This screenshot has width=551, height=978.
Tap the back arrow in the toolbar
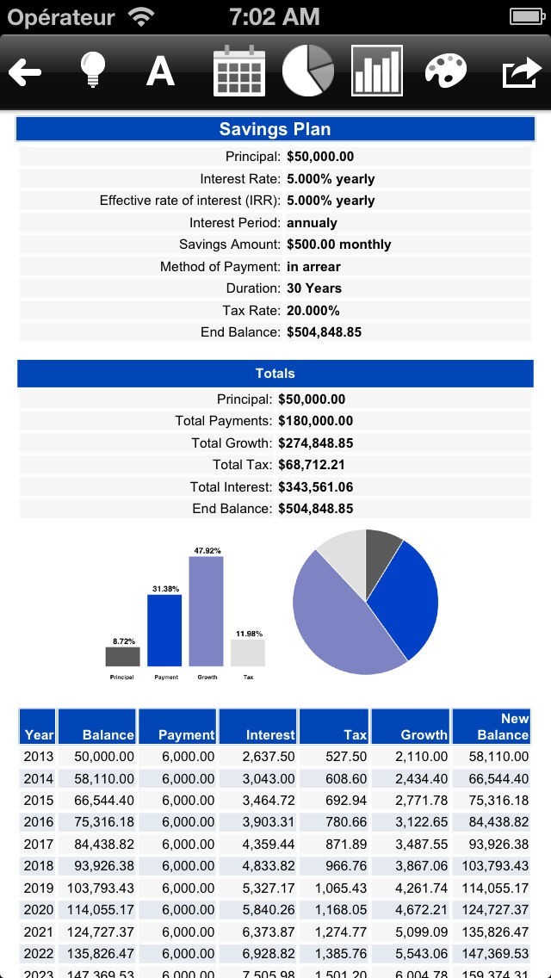pos(26,72)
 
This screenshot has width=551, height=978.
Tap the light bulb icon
pos(92,71)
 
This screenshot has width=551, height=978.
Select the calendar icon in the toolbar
pos(239,71)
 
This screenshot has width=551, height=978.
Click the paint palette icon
pos(446,71)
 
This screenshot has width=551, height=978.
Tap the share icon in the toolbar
pos(520,72)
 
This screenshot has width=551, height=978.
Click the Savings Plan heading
pos(275,129)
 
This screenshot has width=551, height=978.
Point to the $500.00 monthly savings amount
pos(338,244)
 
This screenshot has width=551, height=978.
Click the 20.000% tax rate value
pos(313,310)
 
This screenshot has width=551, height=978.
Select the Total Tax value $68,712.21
pos(312,465)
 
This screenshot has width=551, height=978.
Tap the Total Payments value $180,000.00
pos(315,421)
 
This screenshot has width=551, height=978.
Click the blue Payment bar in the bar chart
pos(164,630)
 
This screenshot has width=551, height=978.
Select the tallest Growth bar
pos(206,611)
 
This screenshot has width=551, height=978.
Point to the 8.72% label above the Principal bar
pos(123,641)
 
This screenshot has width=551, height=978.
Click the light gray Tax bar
pos(248,653)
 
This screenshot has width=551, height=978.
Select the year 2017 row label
pos(39,845)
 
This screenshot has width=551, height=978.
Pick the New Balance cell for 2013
pos(491,757)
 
